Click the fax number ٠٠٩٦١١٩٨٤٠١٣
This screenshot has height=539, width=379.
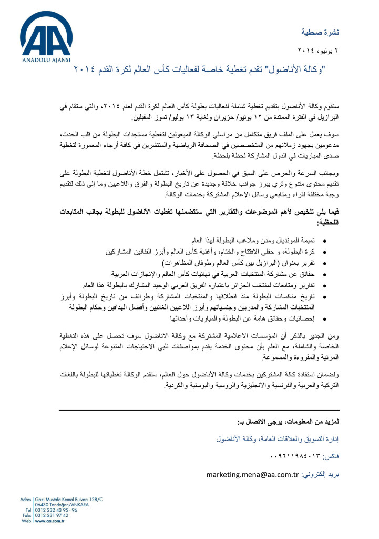point(295,456)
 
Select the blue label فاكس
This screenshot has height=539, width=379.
point(330,456)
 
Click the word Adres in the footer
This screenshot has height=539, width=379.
point(25,498)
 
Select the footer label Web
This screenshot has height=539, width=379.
point(27,521)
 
